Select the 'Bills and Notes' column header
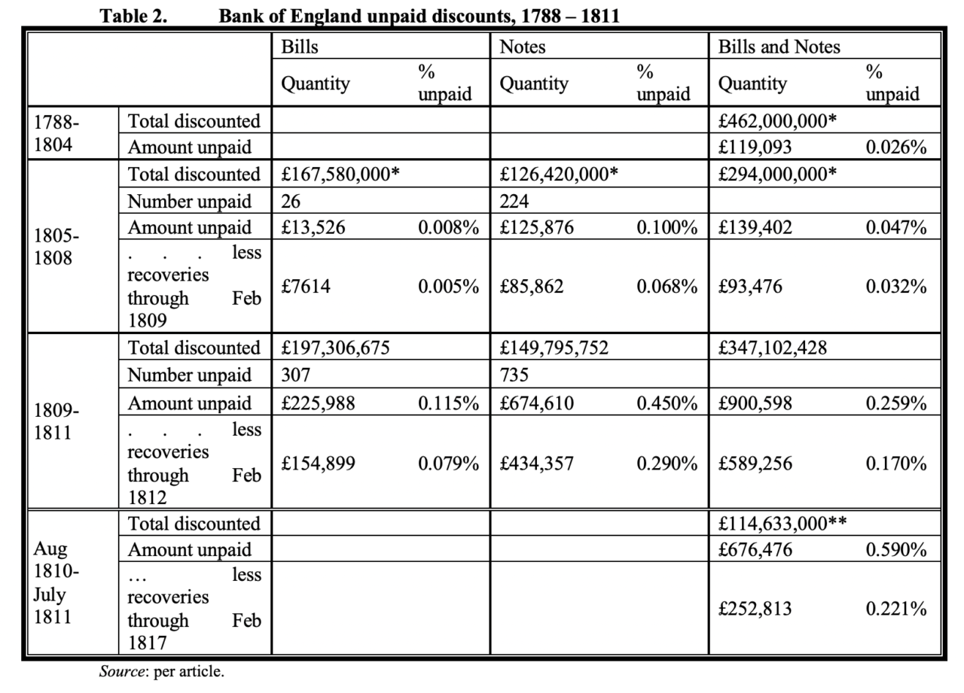[779, 47]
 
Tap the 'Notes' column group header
[523, 47]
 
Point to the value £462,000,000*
[777, 120]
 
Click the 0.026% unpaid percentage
[895, 147]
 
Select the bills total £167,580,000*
[340, 174]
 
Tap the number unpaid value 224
[515, 201]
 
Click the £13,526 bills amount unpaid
[313, 227]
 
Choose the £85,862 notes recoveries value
[532, 287]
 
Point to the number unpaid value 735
[516, 375]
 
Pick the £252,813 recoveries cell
[755, 608]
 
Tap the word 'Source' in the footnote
[123, 672]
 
